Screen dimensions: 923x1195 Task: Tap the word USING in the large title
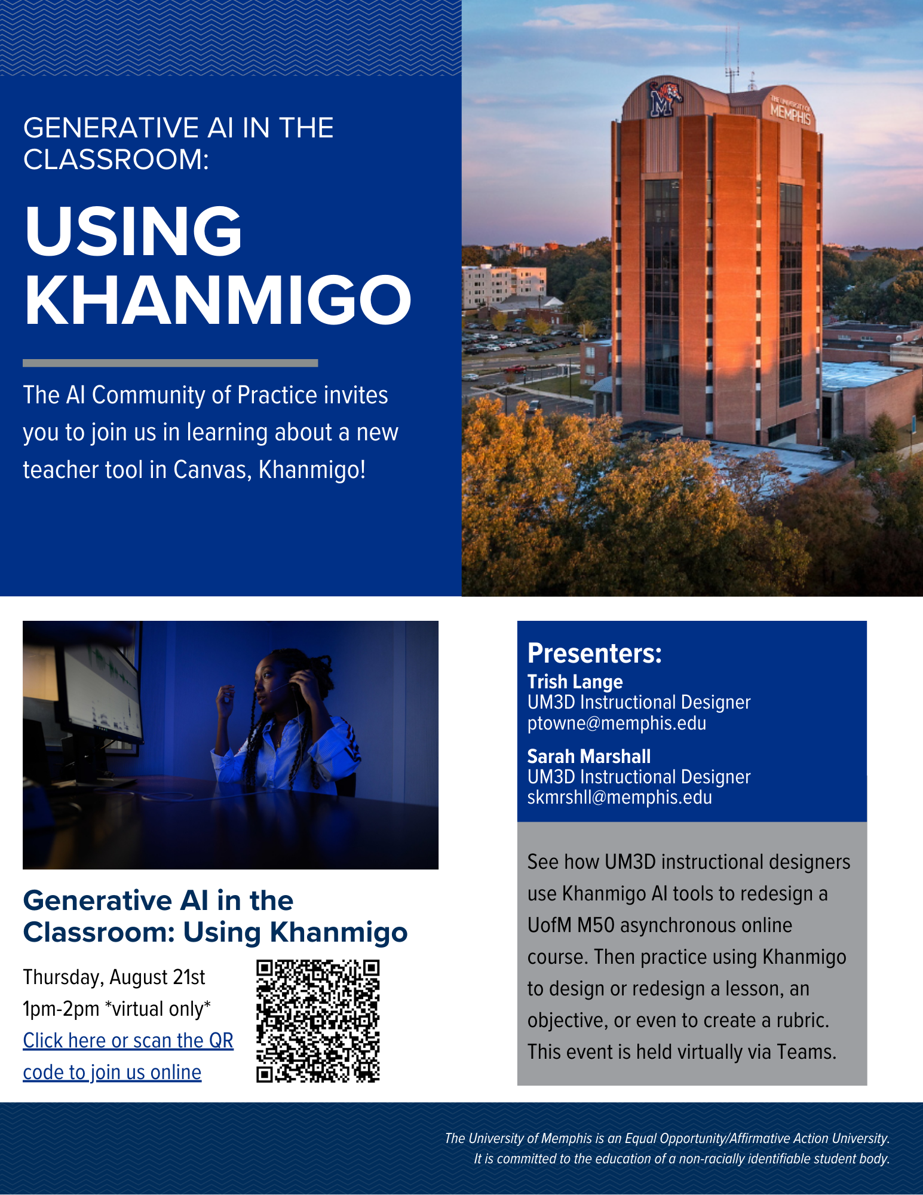133,231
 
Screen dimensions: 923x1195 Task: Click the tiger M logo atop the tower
665,98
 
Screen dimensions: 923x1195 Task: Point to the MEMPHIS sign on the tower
790,110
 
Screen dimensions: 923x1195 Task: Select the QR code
318,1021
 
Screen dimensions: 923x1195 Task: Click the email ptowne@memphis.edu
617,723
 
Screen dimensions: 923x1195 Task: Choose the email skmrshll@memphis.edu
620,797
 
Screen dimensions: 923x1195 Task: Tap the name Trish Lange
575,682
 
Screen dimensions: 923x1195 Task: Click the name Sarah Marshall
588,756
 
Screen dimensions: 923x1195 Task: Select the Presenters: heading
594,653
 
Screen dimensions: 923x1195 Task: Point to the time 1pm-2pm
61,1009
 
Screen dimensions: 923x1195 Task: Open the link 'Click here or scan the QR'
128,1041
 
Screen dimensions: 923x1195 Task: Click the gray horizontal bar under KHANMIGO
170,363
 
